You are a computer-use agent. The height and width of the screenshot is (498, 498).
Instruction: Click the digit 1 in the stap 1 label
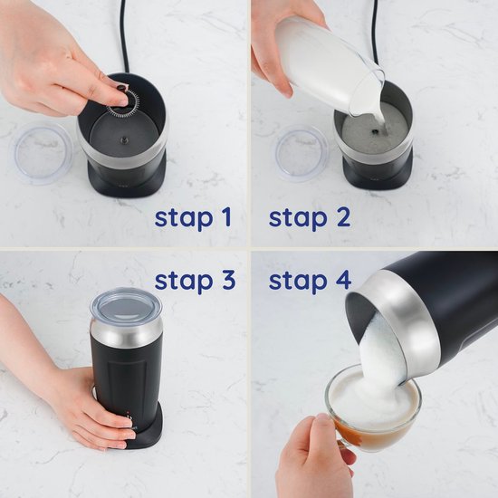[x=226, y=217]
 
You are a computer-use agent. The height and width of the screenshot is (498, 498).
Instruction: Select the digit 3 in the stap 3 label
[x=227, y=280]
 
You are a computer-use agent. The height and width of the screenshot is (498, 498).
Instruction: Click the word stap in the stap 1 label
[x=184, y=219]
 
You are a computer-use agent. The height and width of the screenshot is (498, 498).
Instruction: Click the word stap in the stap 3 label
[x=184, y=282]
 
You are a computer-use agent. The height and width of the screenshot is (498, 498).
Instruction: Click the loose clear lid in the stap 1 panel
[x=41, y=155]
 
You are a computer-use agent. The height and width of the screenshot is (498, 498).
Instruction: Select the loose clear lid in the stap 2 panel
[x=302, y=153]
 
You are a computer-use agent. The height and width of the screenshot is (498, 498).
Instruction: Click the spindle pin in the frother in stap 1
[x=124, y=139]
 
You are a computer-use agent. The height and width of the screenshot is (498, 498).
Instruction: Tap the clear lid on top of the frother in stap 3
[x=126, y=305]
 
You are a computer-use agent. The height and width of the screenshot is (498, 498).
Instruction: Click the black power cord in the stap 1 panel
[x=124, y=36]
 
